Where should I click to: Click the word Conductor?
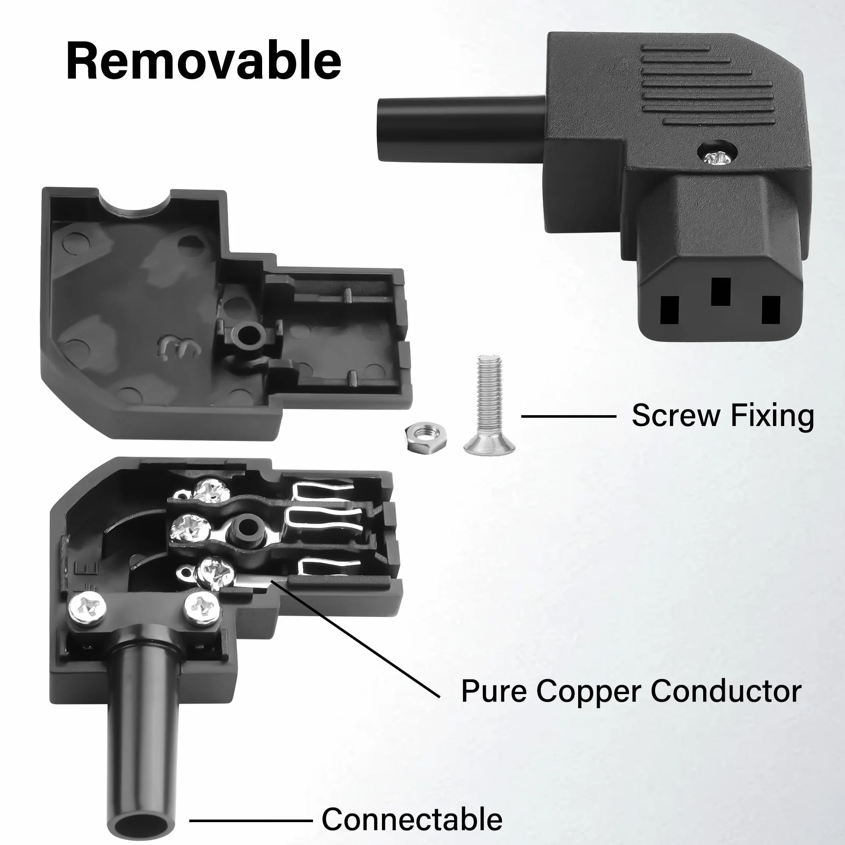(726, 692)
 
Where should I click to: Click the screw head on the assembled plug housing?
(718, 157)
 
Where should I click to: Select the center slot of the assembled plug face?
(720, 291)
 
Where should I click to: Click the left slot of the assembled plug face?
(669, 310)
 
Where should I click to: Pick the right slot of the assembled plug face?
(771, 310)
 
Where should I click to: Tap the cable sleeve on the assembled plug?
(462, 129)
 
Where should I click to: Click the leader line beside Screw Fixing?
(569, 416)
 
